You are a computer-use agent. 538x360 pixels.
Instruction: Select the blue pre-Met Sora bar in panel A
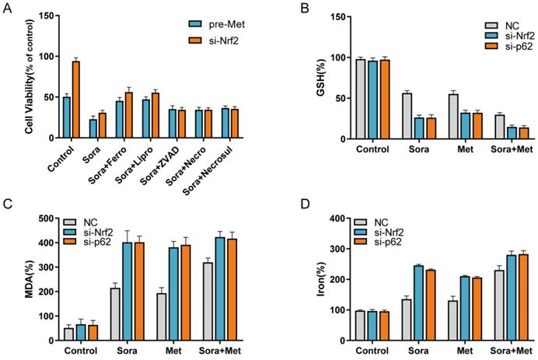[93, 129]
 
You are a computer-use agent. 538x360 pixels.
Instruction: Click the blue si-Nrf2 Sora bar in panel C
[124, 292]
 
